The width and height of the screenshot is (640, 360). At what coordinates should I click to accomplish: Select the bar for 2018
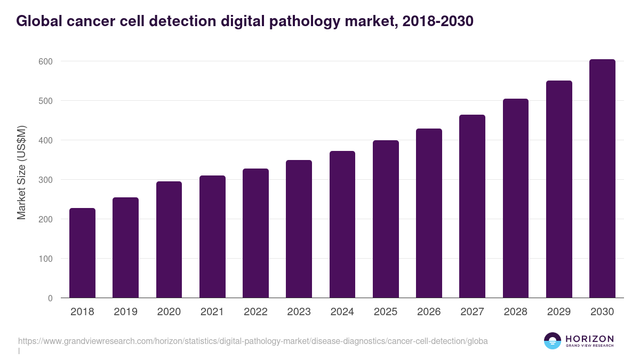coord(82,253)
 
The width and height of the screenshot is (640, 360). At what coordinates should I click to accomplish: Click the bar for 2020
coord(169,239)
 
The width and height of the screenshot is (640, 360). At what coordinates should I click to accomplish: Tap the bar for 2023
coord(299,229)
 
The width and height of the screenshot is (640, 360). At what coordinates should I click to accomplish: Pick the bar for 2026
coord(429,213)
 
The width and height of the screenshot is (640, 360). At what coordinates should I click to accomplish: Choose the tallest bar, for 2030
coord(602,179)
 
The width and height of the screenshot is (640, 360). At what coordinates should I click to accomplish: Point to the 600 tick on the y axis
coord(45,61)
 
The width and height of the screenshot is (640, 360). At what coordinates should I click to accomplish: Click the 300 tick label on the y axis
coord(45,180)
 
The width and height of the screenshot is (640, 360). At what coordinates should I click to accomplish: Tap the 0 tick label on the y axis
coord(50,298)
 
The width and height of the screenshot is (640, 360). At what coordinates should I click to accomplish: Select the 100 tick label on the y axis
coord(45,259)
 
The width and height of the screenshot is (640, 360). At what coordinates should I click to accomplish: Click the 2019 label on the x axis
coord(125,312)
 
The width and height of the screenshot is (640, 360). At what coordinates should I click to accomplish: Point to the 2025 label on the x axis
coord(386,312)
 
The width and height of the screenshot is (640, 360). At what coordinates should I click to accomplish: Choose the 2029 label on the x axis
coord(559,312)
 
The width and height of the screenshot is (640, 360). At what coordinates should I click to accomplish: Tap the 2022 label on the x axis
coord(255,312)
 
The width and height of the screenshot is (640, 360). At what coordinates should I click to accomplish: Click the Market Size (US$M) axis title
coord(21,172)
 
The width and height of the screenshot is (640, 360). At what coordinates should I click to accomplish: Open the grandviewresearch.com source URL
coord(253,341)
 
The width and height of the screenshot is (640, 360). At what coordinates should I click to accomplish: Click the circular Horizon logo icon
coord(553,341)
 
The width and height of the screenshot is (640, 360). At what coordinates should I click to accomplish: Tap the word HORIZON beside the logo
coord(589,339)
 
